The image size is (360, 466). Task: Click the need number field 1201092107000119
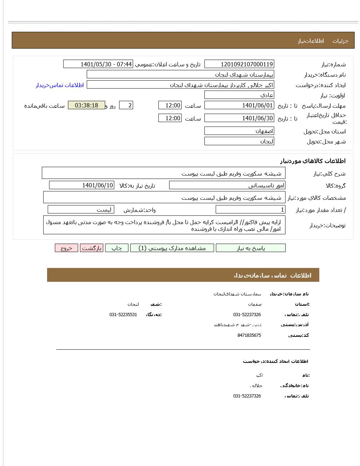point(239,64)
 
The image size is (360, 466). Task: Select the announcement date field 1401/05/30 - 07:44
point(98,64)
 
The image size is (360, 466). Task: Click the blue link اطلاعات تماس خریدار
point(60,85)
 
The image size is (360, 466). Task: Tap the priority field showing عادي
point(239,95)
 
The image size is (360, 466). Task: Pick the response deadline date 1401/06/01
point(239,105)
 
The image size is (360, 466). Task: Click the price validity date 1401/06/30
point(239,118)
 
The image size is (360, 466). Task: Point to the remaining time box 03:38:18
point(86,105)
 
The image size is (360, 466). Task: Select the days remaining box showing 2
point(126,105)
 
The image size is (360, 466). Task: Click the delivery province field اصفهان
point(239,131)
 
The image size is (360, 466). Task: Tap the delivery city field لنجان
point(239,141)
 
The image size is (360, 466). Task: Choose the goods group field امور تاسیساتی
point(227,185)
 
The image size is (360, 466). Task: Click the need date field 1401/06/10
point(82,185)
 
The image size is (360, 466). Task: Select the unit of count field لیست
point(81,209)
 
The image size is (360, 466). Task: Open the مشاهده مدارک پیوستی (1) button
point(172,248)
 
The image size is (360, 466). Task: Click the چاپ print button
point(117,248)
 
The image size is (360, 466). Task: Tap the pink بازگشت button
point(92,248)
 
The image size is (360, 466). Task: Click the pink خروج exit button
point(66,248)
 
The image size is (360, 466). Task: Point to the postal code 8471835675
point(249,335)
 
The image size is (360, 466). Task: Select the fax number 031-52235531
point(123,314)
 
